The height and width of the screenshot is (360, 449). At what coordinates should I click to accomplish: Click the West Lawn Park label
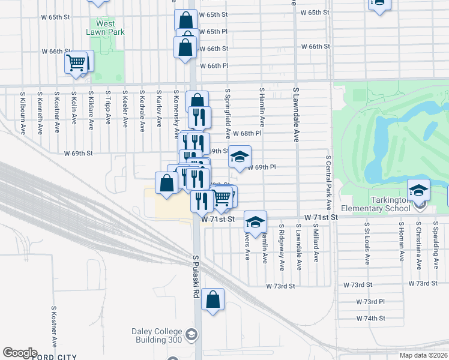(x=110, y=28)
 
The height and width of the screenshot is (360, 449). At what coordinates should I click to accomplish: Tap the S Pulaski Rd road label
(x=196, y=277)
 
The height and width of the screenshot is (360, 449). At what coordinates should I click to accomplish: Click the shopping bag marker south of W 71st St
(x=212, y=301)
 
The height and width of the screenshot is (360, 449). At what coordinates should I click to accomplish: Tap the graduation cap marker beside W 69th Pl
(x=240, y=158)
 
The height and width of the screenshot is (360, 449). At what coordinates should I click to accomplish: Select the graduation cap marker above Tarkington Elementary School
(x=419, y=191)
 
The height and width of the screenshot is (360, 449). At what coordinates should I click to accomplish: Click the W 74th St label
(x=370, y=318)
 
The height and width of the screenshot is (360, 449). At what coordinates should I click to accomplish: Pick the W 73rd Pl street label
(x=370, y=301)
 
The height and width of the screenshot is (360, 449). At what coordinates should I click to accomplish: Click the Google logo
(x=20, y=353)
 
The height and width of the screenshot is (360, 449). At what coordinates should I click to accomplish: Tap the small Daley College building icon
(x=191, y=334)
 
